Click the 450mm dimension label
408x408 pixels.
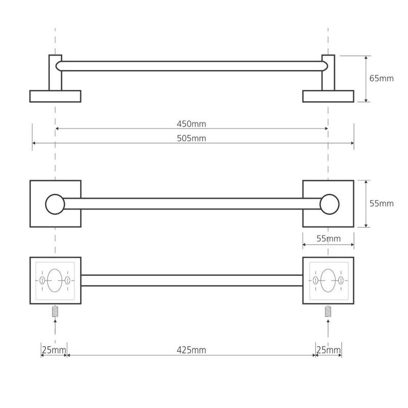[x=191, y=124]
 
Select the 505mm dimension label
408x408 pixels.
[x=191, y=138]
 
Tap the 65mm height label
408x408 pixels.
[x=381, y=79]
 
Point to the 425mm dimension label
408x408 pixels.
[x=191, y=350]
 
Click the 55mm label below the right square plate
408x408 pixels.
[x=328, y=238]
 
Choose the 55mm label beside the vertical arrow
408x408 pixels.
[x=381, y=203]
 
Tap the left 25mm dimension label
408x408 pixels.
[x=54, y=350]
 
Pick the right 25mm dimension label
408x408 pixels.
[x=328, y=350]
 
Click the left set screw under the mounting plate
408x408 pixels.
[x=55, y=311]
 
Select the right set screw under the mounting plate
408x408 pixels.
[x=328, y=311]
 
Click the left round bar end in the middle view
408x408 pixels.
[x=55, y=205]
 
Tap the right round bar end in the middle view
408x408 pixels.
[x=329, y=205]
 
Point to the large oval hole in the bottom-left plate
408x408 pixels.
[x=55, y=280]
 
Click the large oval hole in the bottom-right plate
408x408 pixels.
[x=328, y=280]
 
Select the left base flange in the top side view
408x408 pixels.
[x=55, y=96]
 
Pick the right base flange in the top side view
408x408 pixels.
[x=328, y=96]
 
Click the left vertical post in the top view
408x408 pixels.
[x=55, y=72]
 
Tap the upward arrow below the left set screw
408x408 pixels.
[x=55, y=328]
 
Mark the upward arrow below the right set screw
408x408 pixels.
[x=328, y=328]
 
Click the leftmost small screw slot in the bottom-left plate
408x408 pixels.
[x=42, y=280]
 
